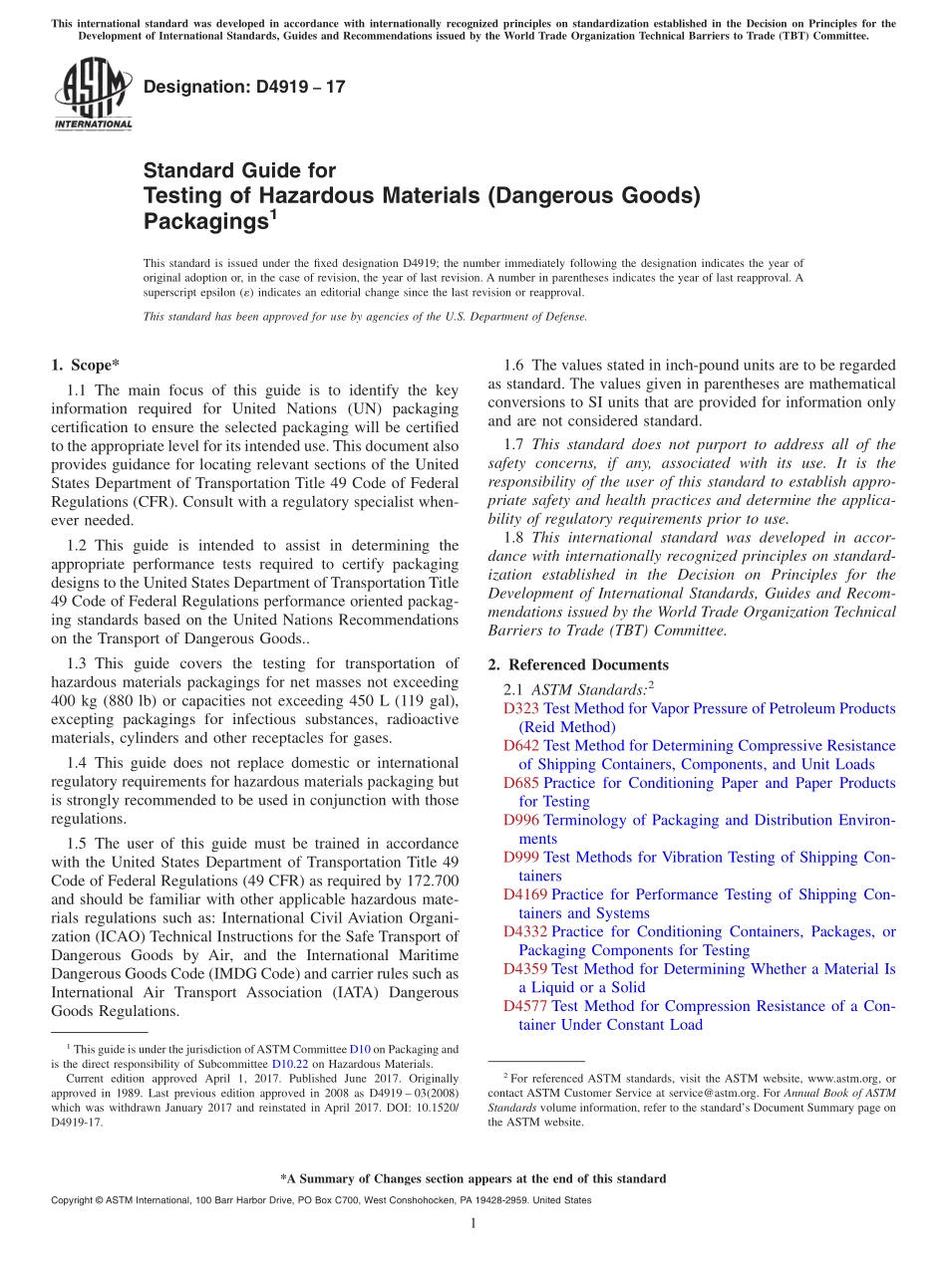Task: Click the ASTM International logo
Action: click(93, 95)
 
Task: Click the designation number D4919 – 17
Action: click(244, 87)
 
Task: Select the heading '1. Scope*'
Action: click(86, 366)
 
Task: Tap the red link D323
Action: click(521, 708)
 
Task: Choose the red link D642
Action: click(521, 745)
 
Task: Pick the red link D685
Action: click(521, 783)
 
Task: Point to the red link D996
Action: click(521, 820)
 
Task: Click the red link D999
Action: click(521, 857)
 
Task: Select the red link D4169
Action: click(525, 894)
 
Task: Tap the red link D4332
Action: click(525, 931)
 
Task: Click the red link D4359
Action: click(525, 968)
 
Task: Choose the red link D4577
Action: click(525, 1006)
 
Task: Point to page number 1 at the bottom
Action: click(473, 1224)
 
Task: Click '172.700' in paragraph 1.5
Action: click(433, 882)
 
